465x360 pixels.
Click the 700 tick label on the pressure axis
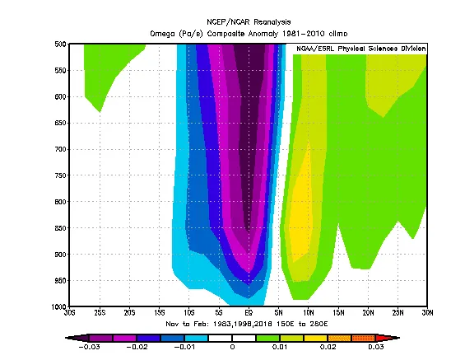(60, 149)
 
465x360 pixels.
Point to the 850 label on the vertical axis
(60, 228)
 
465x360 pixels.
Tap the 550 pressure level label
(60, 70)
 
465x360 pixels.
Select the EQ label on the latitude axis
(249, 313)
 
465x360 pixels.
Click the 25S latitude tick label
(100, 313)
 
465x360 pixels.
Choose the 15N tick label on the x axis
(338, 313)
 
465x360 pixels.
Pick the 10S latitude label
(189, 313)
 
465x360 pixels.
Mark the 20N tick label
(368, 313)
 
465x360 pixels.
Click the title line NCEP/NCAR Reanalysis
(249, 22)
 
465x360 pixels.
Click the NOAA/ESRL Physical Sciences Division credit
(361, 49)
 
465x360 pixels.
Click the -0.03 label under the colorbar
(89, 347)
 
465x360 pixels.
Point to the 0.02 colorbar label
(328, 347)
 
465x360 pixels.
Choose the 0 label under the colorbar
(232, 347)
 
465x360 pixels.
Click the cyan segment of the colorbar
(197, 338)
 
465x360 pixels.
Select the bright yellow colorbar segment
(315, 338)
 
